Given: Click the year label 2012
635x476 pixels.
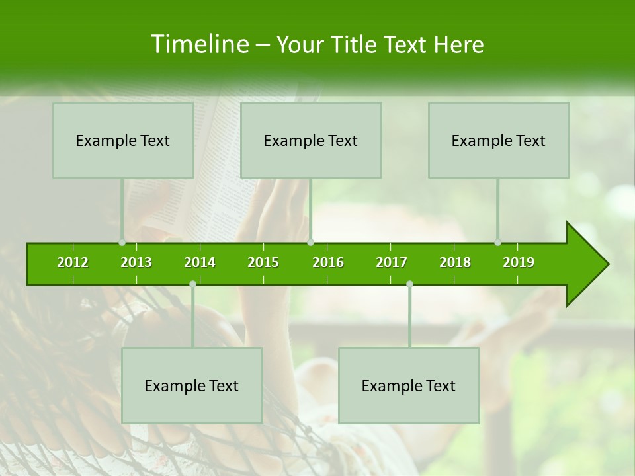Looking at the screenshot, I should [73, 262].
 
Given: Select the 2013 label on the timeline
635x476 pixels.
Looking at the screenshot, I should [136, 262].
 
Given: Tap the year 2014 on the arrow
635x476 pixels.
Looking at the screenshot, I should [200, 262].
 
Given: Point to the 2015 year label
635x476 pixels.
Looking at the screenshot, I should [263, 262].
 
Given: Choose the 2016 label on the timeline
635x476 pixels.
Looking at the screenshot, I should [328, 262].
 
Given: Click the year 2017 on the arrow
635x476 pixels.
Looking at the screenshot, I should [392, 262].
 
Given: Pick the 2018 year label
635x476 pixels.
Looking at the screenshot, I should [455, 262].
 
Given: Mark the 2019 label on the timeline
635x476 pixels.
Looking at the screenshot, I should [519, 262].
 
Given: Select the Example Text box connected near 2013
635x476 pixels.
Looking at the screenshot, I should [123, 141].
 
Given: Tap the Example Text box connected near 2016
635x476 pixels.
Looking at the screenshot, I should [311, 141].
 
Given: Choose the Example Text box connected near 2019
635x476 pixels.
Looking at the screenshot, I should [499, 141].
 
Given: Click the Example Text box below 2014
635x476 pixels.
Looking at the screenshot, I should [192, 386].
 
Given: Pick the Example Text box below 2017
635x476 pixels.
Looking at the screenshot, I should [409, 386].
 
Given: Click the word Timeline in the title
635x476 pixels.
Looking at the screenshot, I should [198, 44].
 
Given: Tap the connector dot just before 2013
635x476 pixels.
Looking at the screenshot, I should [122, 243].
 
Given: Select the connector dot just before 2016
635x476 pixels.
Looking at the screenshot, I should [310, 243].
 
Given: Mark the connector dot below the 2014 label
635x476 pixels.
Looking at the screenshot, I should [192, 284].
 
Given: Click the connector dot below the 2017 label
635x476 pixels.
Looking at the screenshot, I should [409, 284].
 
